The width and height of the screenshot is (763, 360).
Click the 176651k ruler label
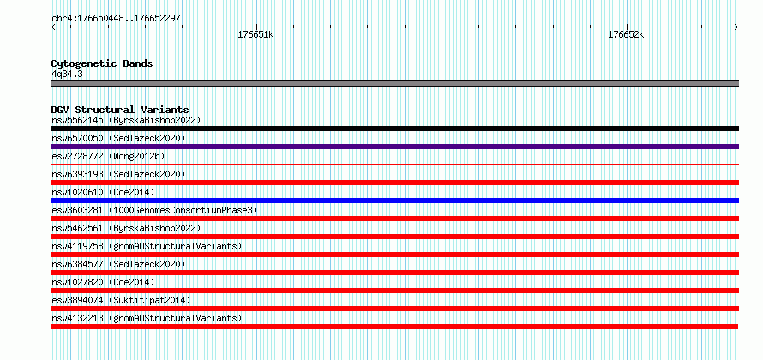255,35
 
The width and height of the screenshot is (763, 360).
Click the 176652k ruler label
626,35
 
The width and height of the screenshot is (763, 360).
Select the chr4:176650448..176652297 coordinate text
117,19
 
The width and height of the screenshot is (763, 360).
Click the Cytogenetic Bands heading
102,63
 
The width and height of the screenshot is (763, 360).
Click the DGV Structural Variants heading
120,110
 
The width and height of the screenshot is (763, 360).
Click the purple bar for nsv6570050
394,147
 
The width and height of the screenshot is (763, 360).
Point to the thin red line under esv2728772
394,165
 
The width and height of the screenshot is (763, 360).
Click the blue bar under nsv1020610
394,201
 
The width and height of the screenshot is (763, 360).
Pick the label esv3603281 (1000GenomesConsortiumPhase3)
154,210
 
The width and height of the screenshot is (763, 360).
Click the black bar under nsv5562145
394,129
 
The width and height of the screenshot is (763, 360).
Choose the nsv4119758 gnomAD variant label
147,246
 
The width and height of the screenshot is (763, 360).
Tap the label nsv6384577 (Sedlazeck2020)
118,264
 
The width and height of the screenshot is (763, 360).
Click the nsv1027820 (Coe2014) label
103,282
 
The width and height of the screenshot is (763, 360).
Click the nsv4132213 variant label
147,318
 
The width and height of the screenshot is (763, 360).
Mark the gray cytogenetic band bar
394,83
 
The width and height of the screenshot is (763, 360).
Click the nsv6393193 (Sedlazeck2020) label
118,174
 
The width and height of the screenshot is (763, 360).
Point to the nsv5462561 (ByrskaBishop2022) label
126,228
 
